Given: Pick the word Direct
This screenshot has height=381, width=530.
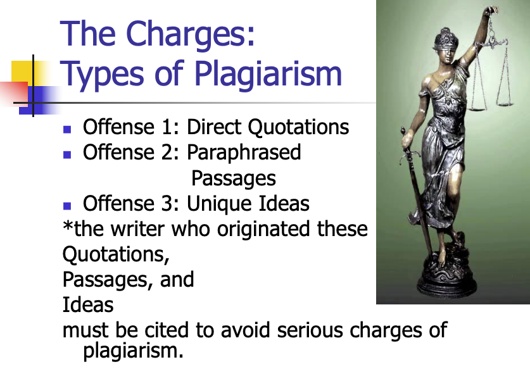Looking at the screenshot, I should coord(215,127).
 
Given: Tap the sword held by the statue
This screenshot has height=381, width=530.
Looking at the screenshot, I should coord(412,190).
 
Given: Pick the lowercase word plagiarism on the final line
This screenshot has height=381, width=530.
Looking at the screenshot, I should coord(133,349).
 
